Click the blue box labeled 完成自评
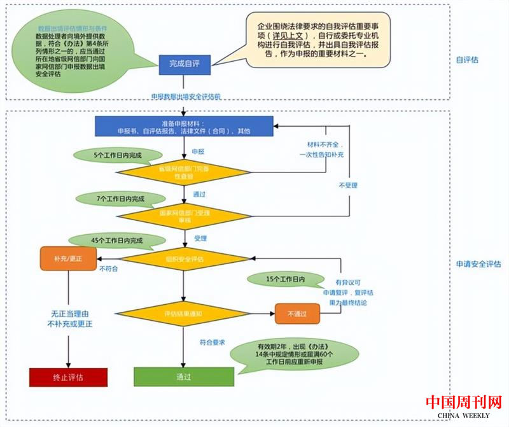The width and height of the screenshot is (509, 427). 184,64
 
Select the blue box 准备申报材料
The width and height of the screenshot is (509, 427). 184,126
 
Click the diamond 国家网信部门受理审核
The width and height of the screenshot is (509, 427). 184,214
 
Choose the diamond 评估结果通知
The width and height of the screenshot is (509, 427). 184,314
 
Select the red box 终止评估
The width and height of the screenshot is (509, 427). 67,377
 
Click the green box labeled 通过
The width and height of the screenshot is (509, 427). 184,377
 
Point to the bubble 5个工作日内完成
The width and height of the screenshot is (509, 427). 118,155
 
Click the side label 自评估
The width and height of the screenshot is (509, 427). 467,60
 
